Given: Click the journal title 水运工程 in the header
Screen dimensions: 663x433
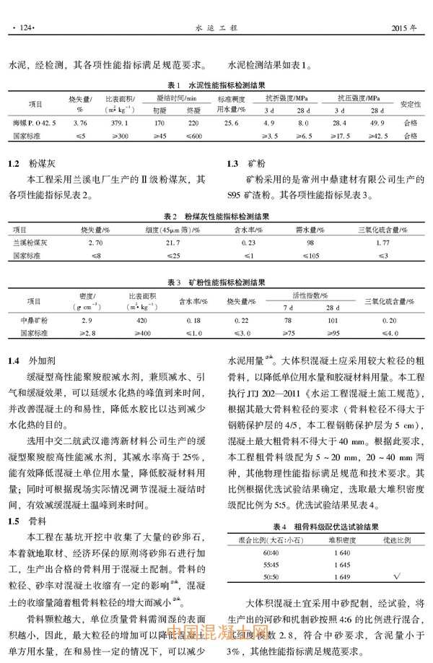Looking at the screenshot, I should [216, 30].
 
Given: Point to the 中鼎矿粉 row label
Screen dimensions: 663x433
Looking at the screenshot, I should [34, 319].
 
